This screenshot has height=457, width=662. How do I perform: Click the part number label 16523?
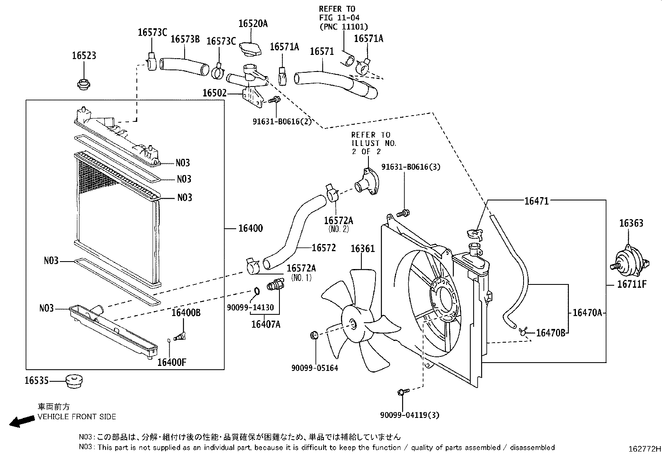pyautogui.click(x=84, y=56)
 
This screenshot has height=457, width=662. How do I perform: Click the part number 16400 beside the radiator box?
pyautogui.click(x=250, y=228)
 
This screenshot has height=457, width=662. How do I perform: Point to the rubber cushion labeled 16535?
pyautogui.click(x=74, y=381)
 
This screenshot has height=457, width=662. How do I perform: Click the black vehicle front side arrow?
pyautogui.click(x=22, y=422)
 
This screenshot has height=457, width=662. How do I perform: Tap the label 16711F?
pyautogui.click(x=632, y=284)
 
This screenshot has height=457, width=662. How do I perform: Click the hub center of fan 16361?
pyautogui.click(x=353, y=325)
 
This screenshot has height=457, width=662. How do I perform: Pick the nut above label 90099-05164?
pyautogui.click(x=315, y=335)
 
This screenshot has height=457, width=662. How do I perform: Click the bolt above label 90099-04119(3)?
pyautogui.click(x=403, y=391)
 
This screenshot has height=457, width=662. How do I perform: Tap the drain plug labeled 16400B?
pyautogui.click(x=180, y=336)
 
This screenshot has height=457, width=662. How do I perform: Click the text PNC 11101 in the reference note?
pyautogui.click(x=343, y=27)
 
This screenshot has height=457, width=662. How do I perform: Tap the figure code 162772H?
pyautogui.click(x=644, y=449)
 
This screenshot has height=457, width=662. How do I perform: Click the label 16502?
pyautogui.click(x=214, y=93)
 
